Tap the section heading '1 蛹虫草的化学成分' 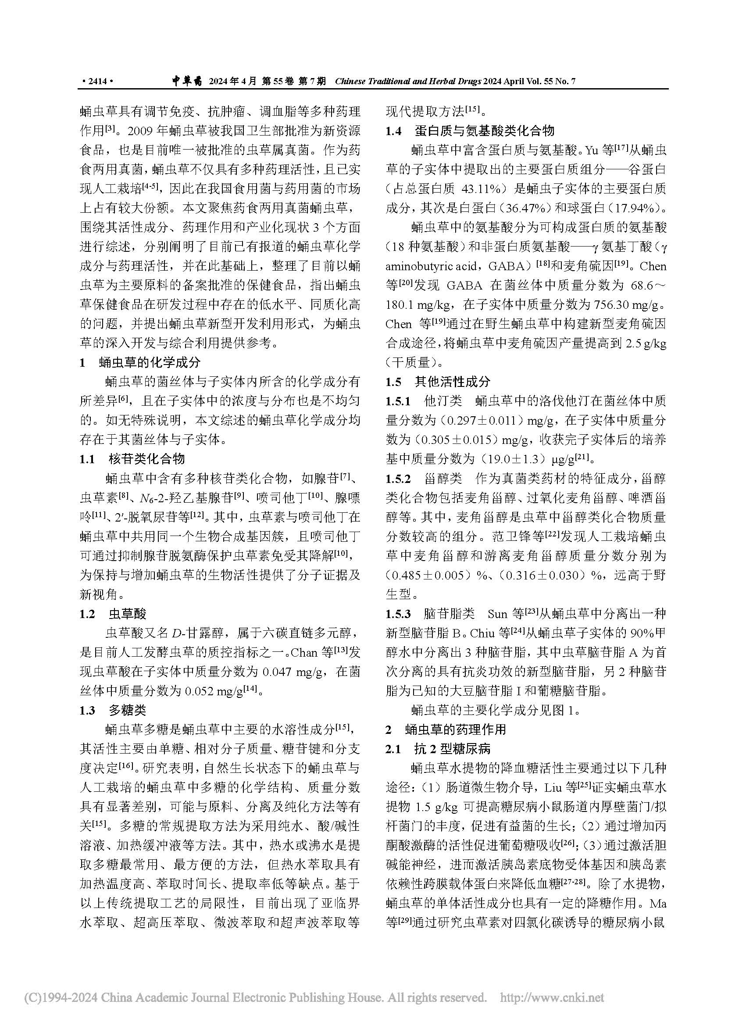[140, 362]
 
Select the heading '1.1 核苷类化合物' [132, 459]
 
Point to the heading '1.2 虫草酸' [113, 614]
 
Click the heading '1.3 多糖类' [113, 710]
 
